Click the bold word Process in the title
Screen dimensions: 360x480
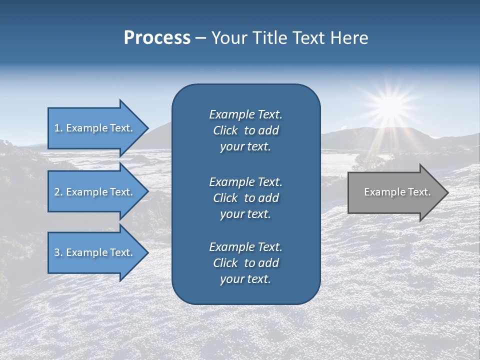point(157,38)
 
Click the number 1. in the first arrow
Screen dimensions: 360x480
point(58,128)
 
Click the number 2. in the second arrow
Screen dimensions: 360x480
point(58,192)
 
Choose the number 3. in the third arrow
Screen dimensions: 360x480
point(58,252)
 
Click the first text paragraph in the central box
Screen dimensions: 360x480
point(245,130)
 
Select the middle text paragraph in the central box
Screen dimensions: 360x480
point(245,197)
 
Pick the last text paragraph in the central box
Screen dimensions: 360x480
point(245,263)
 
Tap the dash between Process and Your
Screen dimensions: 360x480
point(200,38)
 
